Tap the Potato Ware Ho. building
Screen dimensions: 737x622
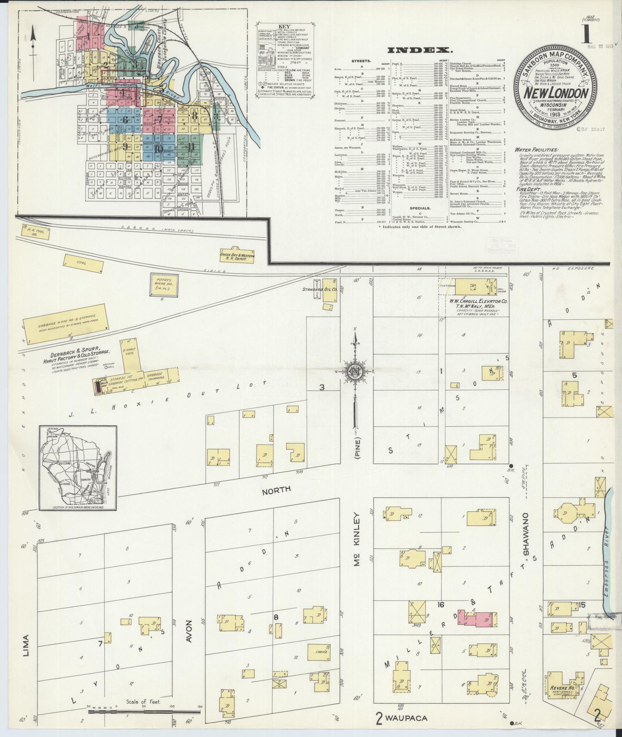pos(164,285)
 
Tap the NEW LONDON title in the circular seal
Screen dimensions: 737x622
pos(555,93)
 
